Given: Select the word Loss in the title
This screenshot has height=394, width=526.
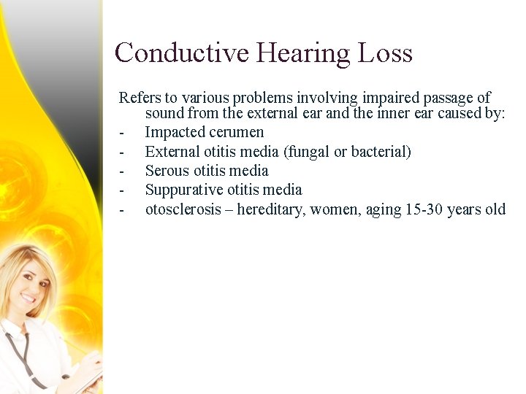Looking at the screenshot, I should (385, 53).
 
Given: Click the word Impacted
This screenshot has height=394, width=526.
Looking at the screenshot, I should (174, 133).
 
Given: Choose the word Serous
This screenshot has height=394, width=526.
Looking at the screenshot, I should (167, 171).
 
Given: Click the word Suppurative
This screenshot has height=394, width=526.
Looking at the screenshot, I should (183, 190).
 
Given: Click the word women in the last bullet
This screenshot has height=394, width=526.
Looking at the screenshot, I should (334, 209).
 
